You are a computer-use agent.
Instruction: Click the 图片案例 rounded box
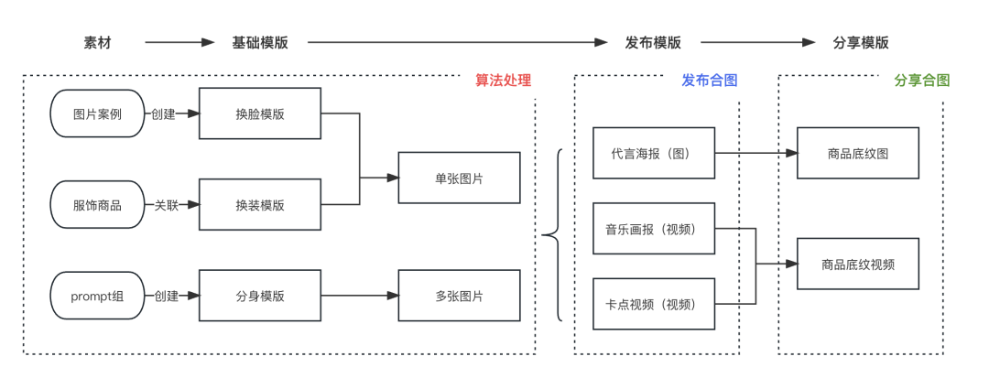click(x=98, y=114)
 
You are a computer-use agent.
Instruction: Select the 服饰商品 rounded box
click(x=98, y=205)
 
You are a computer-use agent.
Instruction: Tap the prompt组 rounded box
click(x=98, y=296)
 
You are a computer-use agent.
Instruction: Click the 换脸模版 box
click(x=260, y=114)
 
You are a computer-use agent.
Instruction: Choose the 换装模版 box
click(x=260, y=205)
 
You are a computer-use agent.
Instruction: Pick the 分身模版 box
click(x=260, y=296)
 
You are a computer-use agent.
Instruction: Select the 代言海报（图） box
click(x=653, y=153)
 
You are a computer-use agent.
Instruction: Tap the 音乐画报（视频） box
click(x=653, y=229)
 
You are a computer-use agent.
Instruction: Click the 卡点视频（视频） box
click(x=653, y=304)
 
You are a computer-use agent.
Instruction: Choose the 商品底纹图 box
click(x=857, y=153)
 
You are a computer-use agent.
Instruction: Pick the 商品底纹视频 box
click(x=857, y=265)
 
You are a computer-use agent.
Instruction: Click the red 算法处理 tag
click(x=503, y=81)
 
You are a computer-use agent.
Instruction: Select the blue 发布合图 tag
click(x=710, y=81)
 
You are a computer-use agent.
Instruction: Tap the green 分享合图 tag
click(x=921, y=81)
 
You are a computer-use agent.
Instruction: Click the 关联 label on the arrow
click(x=166, y=205)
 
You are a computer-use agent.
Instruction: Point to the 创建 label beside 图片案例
click(x=163, y=114)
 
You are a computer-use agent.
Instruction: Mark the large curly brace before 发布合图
click(x=551, y=236)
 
